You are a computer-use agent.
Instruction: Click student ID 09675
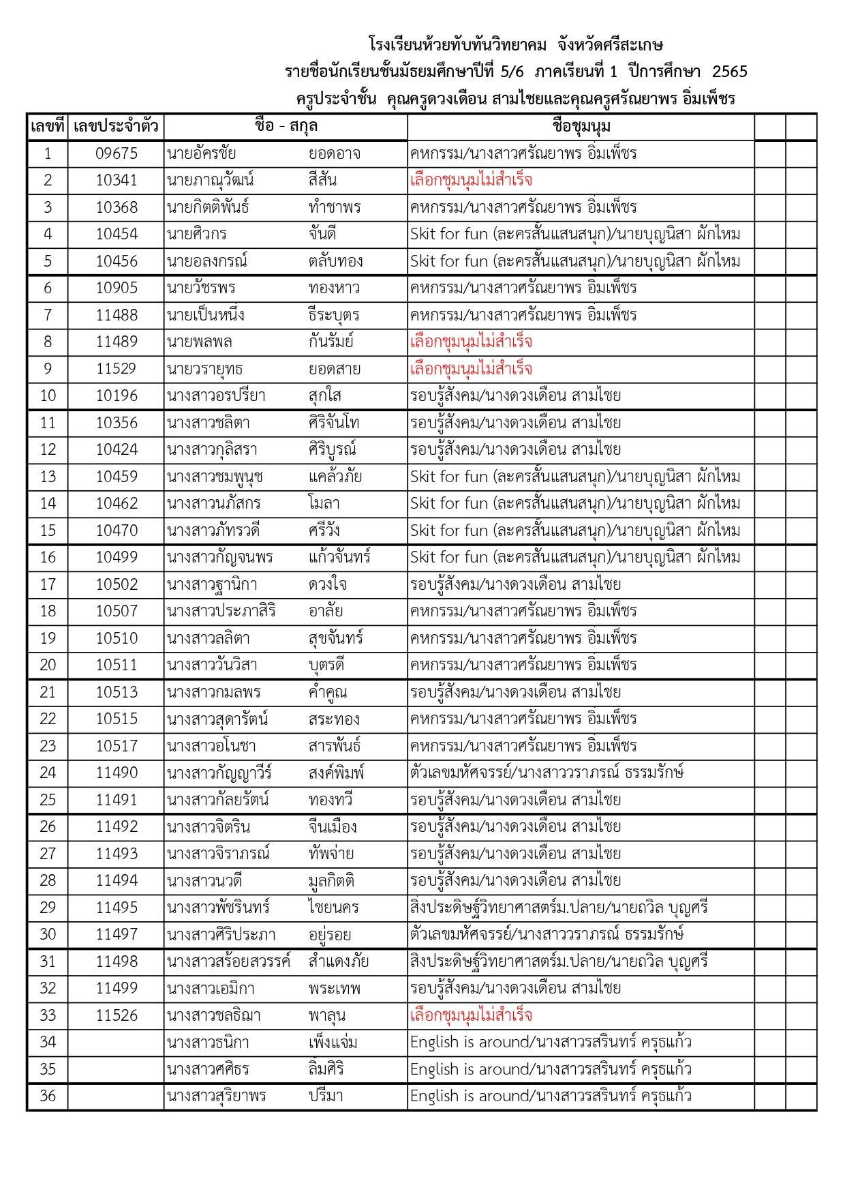[x=116, y=153]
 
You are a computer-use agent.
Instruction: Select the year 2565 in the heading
[x=729, y=72]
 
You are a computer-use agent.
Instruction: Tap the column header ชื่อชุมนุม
[x=581, y=126]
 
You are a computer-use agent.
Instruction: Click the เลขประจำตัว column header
[x=116, y=126]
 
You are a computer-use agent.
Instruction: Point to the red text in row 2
[x=471, y=181]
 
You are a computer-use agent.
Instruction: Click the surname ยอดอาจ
[x=334, y=153]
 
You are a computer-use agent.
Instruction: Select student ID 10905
[x=116, y=288]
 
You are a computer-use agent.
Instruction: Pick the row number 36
[x=48, y=1096]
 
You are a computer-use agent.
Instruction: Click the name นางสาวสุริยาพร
[x=216, y=1096]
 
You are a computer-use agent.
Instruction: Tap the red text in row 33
[x=471, y=1015]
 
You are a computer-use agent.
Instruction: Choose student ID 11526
[x=116, y=1015]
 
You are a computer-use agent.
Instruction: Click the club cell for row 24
[x=547, y=773]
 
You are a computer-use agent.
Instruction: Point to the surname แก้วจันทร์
[x=339, y=557]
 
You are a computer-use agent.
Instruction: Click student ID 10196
[x=116, y=395]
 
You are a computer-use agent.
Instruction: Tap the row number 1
[x=48, y=153]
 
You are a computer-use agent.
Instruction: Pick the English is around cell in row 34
[x=551, y=1042]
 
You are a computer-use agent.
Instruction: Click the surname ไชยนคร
[x=333, y=908]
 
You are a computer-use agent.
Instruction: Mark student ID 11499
[x=116, y=988]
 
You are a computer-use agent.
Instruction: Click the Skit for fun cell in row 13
[x=574, y=477]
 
